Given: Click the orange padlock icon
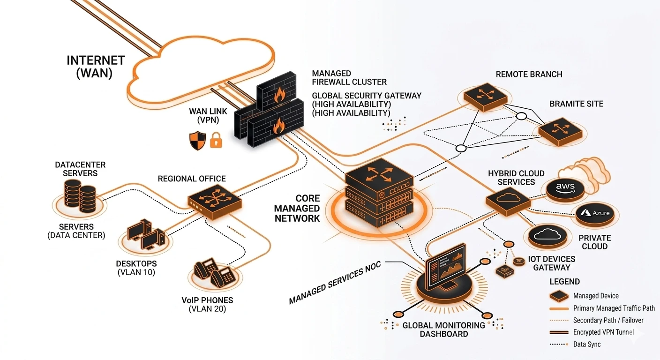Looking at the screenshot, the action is coord(216,140).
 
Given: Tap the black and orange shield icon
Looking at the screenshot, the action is coord(197,141).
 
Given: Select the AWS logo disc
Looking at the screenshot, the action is coord(565,190).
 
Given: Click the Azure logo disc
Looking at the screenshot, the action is coord(595,214).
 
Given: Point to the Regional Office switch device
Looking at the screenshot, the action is coord(215,202).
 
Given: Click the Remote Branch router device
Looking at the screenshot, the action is coord(486,97).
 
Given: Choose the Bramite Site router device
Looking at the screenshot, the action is coord(561,131).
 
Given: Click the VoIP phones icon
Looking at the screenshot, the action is coord(215,272).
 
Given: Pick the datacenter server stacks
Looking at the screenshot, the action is coord(80,195).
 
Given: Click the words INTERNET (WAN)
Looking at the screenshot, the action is coord(96,67).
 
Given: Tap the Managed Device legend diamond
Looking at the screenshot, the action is coord(559,296).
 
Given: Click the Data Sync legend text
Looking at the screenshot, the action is coord(586,344).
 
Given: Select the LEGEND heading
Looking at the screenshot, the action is coord(564,282).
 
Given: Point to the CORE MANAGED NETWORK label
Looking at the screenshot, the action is coord(297,208).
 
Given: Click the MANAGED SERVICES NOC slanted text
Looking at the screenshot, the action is coord(335,283).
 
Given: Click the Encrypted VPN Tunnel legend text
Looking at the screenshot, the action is coord(603,332).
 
